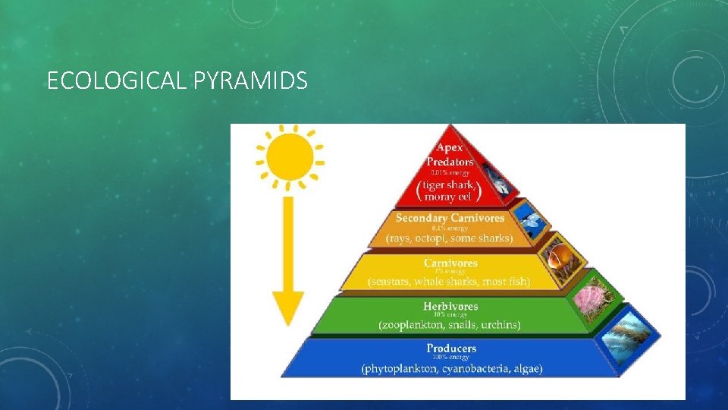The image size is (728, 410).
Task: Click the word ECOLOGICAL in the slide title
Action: click(115, 80)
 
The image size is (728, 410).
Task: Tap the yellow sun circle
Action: click(290, 156)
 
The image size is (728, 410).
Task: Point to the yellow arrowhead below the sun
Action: click(289, 307)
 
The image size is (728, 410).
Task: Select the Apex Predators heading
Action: click(450, 155)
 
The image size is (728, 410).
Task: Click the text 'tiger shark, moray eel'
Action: click(450, 191)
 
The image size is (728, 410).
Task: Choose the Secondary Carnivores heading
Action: click(450, 218)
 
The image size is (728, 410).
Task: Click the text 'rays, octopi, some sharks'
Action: click(450, 238)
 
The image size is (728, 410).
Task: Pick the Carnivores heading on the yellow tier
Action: click(450, 263)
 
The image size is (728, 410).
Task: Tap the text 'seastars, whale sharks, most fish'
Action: click(450, 282)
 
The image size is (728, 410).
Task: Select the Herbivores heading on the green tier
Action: click(450, 306)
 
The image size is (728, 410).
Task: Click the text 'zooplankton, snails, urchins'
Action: click(450, 325)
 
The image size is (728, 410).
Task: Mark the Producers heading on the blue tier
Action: click(450, 348)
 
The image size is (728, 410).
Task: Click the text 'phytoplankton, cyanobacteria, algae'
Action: click(452, 369)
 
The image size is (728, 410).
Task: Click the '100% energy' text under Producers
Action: click(450, 358)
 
